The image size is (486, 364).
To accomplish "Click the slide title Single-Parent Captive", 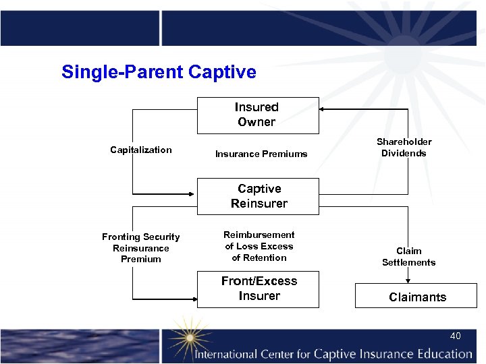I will pos(159,72).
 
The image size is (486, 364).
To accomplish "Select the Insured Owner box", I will pos(257,115).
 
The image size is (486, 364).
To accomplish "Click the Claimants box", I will pos(416,297).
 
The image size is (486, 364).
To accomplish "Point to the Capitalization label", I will pos(141,150).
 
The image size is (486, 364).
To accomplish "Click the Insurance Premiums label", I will pos(261,154).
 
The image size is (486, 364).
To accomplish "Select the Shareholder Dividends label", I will pos(404,147).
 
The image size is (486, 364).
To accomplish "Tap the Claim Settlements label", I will pos(408,257).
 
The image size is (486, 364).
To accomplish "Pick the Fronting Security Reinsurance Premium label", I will pos(141,247).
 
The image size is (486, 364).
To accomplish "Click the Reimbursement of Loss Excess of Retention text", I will pos(259,246).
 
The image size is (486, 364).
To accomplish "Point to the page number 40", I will pos(456,336).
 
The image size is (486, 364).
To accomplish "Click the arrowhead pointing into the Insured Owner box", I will pos(323,109).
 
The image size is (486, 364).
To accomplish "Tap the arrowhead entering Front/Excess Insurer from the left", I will pos(193,297).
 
